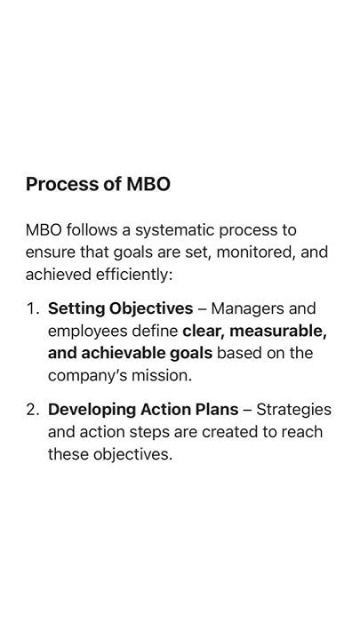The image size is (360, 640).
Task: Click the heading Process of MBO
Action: pyautogui.click(x=98, y=185)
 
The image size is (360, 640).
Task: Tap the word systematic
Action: pyautogui.click(x=175, y=230)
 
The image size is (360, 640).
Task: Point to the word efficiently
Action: pyautogui.click(x=134, y=275)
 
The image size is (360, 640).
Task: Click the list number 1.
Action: pyautogui.click(x=32, y=308)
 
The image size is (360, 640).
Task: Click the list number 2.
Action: pyautogui.click(x=32, y=410)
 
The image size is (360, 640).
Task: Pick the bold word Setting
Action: pyautogui.click(x=76, y=309)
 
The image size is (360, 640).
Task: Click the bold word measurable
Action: pyautogui.click(x=278, y=331)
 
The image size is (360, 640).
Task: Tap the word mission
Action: pyautogui.click(x=161, y=375)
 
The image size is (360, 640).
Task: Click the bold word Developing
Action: pyautogui.click(x=92, y=410)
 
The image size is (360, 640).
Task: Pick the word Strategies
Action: pyautogui.click(x=293, y=410)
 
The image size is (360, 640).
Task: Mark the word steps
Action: pyautogui.click(x=149, y=432)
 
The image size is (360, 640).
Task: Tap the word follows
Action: pyautogui.click(x=92, y=230)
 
